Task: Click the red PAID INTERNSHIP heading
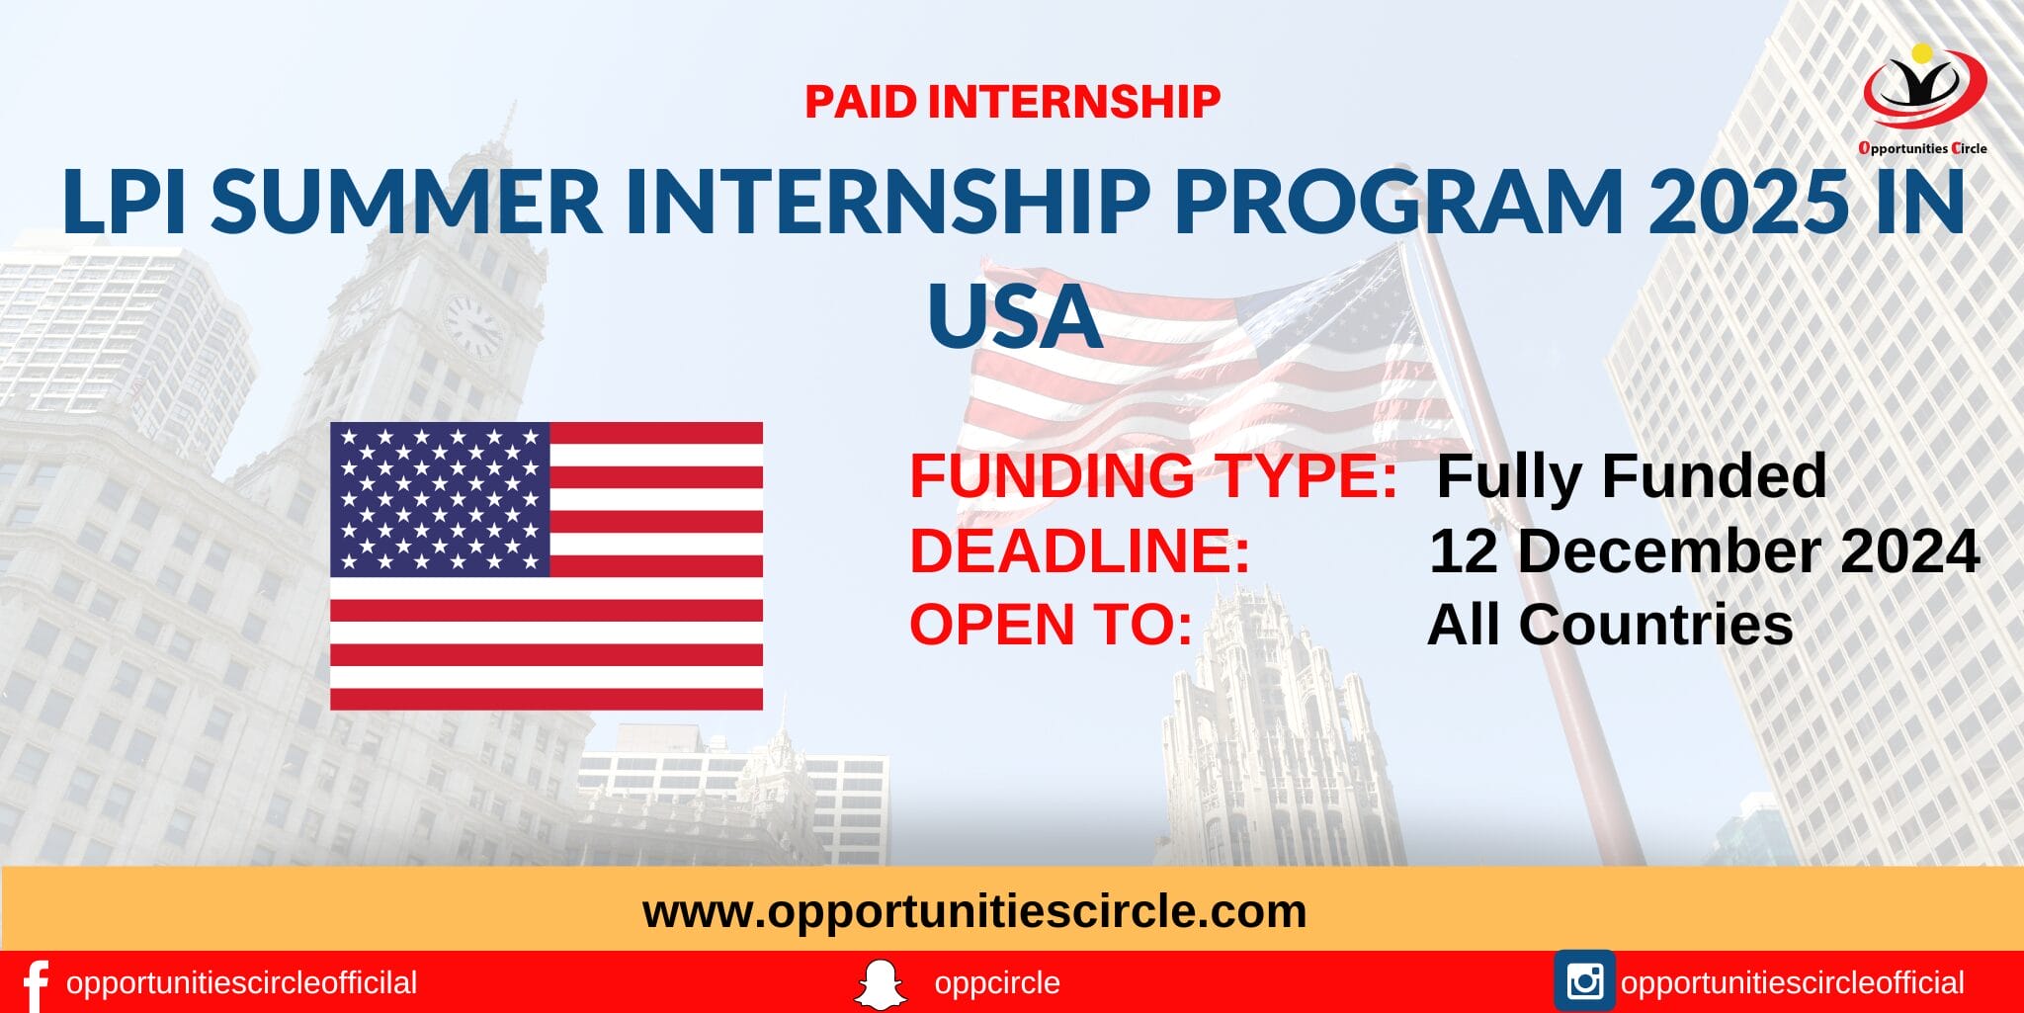1012,102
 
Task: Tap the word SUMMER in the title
406,202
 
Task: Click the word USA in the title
1014,317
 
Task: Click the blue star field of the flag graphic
440,499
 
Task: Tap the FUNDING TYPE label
1152,476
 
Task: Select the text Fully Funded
1631,476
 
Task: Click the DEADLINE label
1079,551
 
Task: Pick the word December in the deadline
1669,551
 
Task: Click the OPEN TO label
1051,626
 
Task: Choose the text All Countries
1610,626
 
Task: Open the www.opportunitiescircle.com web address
974,911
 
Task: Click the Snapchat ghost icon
880,984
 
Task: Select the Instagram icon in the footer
1584,981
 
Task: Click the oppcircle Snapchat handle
996,983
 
